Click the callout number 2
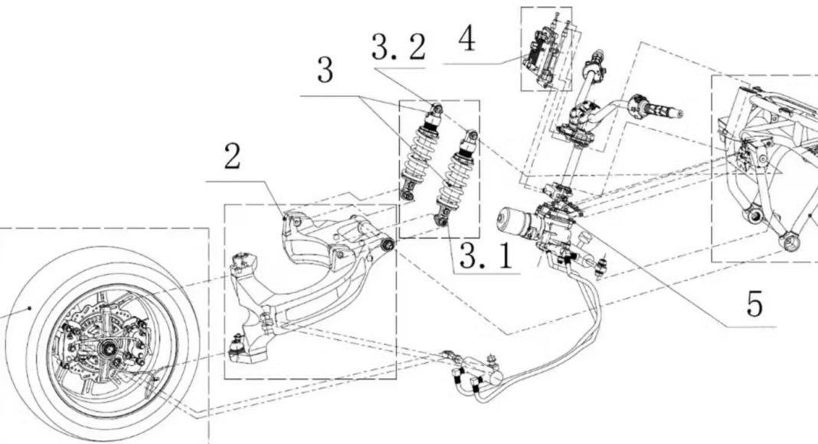point(232,156)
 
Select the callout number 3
point(325,70)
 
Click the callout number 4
point(467,38)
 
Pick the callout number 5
point(754,304)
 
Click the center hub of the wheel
point(110,347)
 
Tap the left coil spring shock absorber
point(421,151)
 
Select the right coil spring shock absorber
point(456,177)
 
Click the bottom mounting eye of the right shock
point(441,221)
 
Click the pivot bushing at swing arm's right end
point(388,245)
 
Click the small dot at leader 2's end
point(284,219)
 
